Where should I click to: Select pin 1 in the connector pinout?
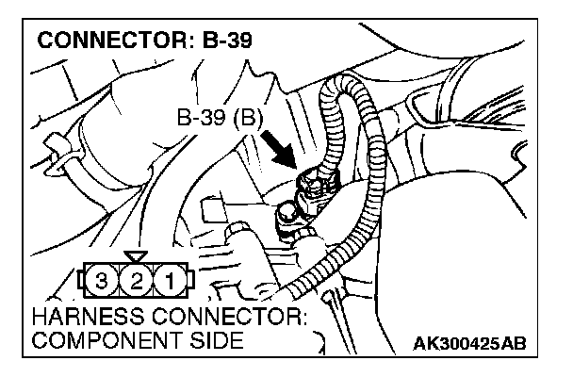tap(169, 280)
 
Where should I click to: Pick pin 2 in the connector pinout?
tap(137, 280)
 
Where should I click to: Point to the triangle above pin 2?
tap(137, 256)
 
